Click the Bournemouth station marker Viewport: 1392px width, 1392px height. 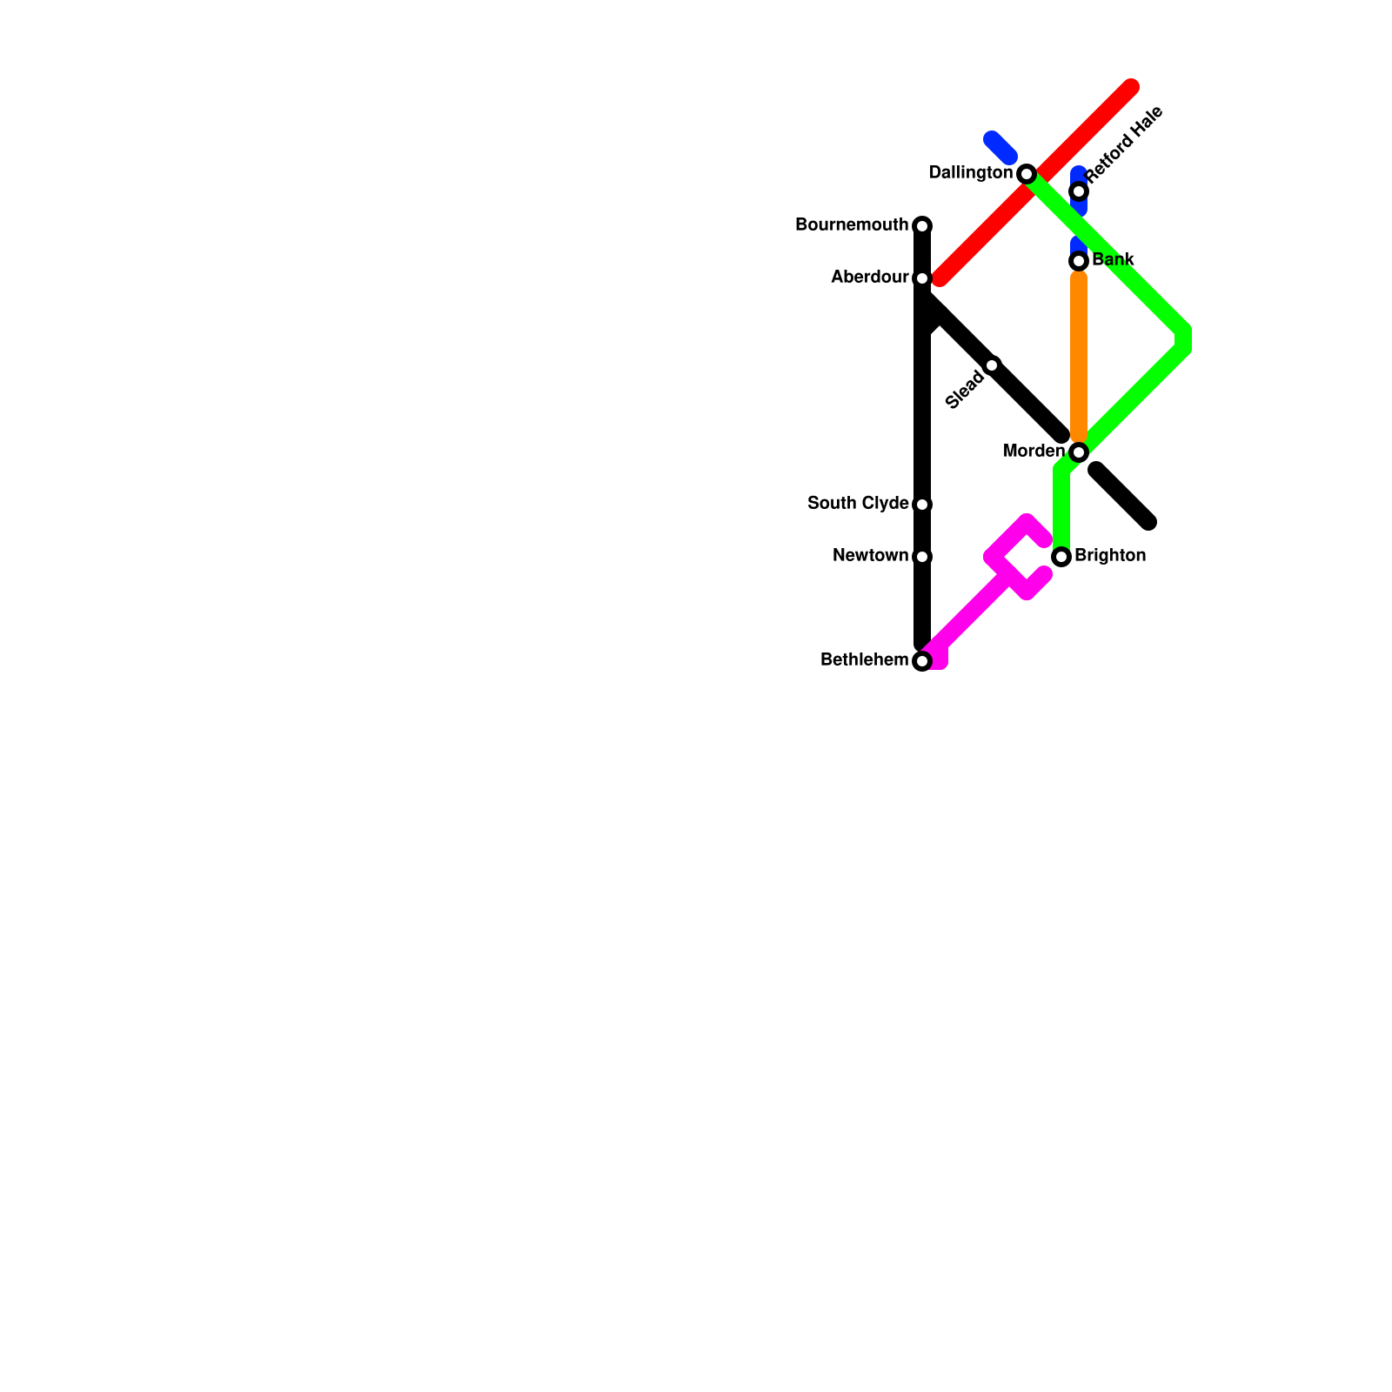coord(922,226)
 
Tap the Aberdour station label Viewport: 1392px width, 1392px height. coord(870,278)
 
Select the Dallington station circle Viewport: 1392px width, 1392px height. coord(1027,174)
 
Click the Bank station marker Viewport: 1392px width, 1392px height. coord(1079,261)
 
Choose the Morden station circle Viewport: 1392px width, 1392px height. coord(1079,452)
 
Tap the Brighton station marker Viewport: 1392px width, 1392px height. coord(1061,557)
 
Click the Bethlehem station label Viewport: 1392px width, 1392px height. coord(864,660)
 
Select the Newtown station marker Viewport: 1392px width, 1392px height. coord(922,557)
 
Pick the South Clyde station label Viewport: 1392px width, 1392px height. coord(858,504)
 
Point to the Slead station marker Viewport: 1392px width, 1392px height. coord(992,365)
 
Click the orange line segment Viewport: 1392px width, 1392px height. coord(1079,357)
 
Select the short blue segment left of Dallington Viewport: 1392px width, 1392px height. coord(1000,148)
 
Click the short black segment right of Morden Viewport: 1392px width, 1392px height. coord(1122,496)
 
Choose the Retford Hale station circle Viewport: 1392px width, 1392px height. coord(1079,191)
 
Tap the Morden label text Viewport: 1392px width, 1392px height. coord(1034,452)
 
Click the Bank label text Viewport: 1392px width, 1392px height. coord(1113,260)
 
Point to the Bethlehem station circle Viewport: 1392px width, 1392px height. coord(922,661)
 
